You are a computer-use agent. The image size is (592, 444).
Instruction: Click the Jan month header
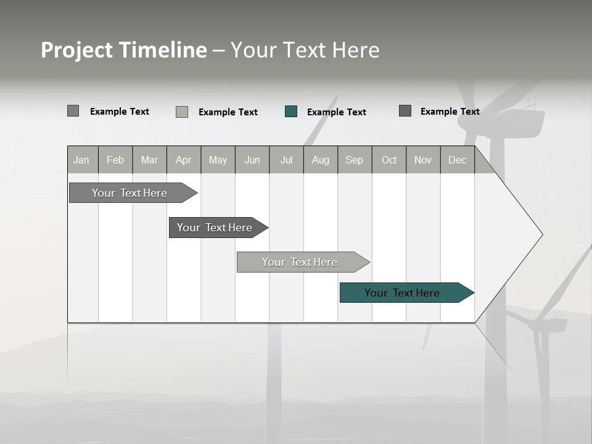coord(82,160)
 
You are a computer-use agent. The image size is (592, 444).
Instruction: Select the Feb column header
coord(115,160)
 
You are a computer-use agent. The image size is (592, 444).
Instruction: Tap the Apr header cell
coord(184,160)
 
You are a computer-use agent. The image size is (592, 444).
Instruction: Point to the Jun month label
coord(252,160)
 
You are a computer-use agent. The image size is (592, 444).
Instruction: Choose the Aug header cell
coord(321,160)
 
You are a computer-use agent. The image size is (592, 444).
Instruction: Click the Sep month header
coord(355,160)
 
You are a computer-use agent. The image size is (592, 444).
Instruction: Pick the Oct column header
coord(389,160)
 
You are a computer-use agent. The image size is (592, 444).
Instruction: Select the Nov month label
coord(423,160)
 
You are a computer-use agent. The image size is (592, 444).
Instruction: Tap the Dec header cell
coord(458,160)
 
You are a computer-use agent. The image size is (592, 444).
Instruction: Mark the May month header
coord(218,160)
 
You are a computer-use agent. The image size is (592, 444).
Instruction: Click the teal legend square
coord(291,112)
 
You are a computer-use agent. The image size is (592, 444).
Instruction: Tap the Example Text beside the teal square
coord(337,112)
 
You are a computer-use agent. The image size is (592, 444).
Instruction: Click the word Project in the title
coord(77,50)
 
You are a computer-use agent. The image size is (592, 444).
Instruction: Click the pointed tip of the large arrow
coord(541,234)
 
